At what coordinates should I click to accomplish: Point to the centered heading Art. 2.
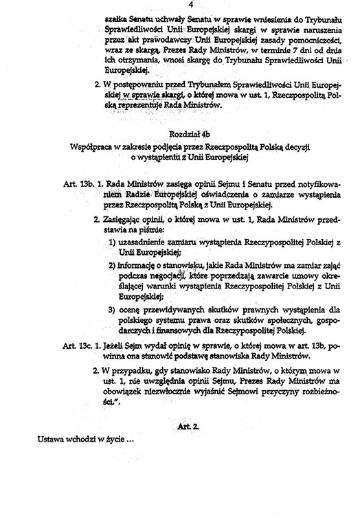point(188,427)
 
